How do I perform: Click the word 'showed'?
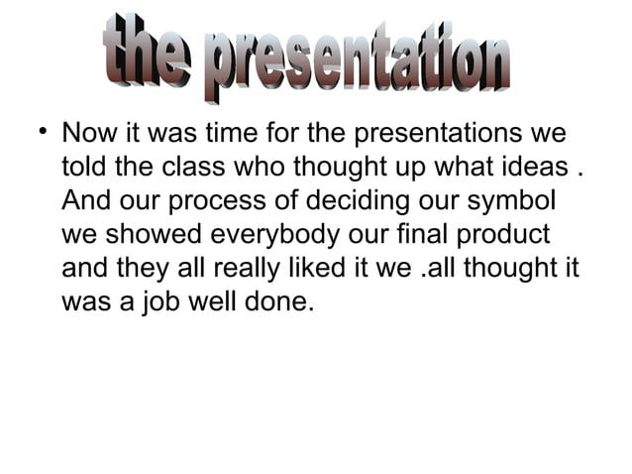tap(159, 235)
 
